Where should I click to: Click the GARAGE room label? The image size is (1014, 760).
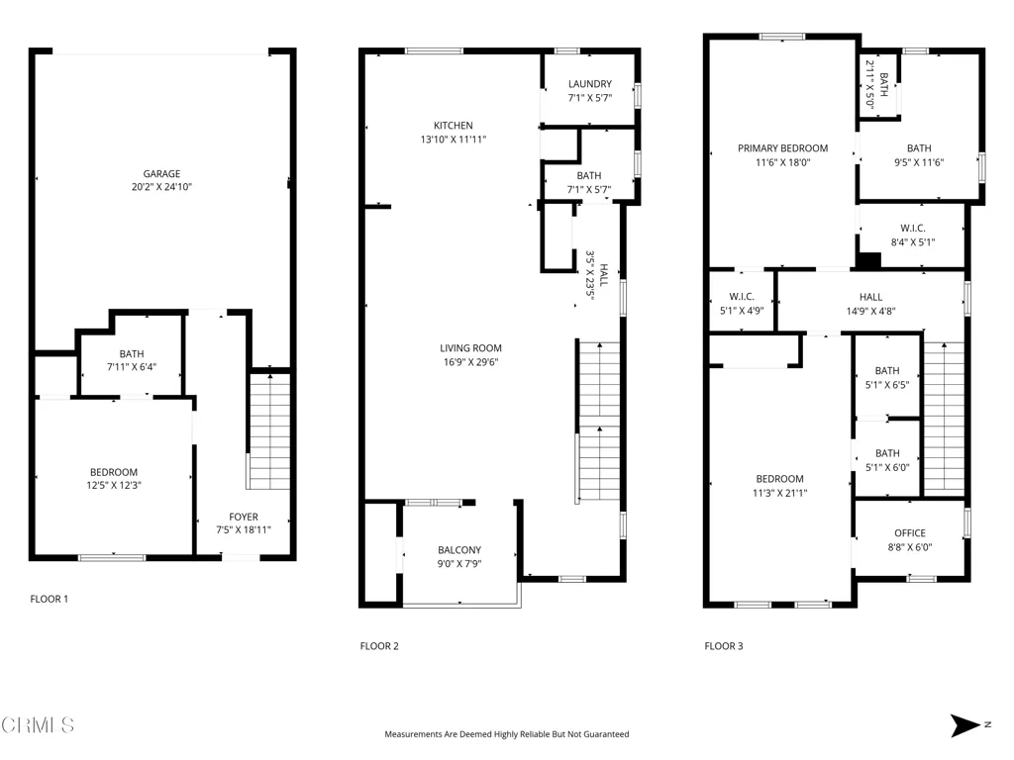[x=161, y=173]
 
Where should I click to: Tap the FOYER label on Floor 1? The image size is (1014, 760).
[x=244, y=517]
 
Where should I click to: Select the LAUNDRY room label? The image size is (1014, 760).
[x=590, y=83]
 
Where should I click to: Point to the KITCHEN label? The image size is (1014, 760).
[x=453, y=126]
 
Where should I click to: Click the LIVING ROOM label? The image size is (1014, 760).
[x=470, y=347]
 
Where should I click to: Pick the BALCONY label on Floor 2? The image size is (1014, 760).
[x=459, y=550]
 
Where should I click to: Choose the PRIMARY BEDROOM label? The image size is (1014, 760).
[x=782, y=148]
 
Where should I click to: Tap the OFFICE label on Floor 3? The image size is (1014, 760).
[x=910, y=533]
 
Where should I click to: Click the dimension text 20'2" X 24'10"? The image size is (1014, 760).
[x=161, y=187]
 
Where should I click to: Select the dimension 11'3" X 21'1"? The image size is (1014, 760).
[x=780, y=493]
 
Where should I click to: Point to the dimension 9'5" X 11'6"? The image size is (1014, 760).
[x=919, y=163]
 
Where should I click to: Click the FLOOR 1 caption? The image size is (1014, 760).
[x=50, y=599]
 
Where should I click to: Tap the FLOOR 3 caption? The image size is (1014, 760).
[x=724, y=645]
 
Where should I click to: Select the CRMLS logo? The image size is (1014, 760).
[x=39, y=725]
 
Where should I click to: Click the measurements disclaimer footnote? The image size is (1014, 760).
[x=506, y=734]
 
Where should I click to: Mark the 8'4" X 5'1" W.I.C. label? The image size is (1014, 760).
[x=912, y=236]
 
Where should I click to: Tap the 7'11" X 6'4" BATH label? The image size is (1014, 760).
[x=132, y=360]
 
